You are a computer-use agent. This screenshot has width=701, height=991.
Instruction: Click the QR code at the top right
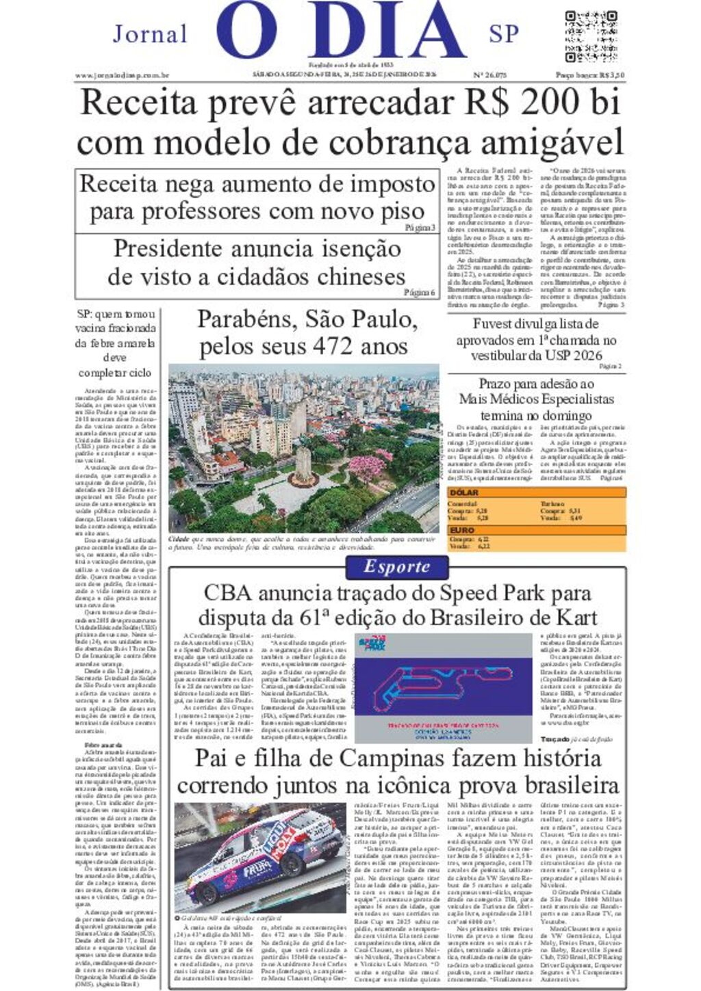pos(592,36)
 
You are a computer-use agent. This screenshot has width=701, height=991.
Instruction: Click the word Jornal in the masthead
pos(150,34)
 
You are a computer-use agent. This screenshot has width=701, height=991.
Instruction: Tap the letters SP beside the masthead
pos(504,34)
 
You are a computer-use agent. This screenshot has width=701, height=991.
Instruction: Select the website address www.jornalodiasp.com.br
pos(122,75)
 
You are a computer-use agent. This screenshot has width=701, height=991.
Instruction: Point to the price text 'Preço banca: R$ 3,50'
pos(590,75)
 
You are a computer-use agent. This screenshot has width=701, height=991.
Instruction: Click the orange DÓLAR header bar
pos(536,492)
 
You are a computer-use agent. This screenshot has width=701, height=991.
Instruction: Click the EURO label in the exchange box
pos(463,530)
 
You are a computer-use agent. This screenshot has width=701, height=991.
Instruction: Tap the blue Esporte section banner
pos(396,567)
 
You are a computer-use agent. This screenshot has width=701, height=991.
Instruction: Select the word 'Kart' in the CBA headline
pos(574,616)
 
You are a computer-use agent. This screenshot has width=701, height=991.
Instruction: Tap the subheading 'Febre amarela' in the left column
pos(103,744)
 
